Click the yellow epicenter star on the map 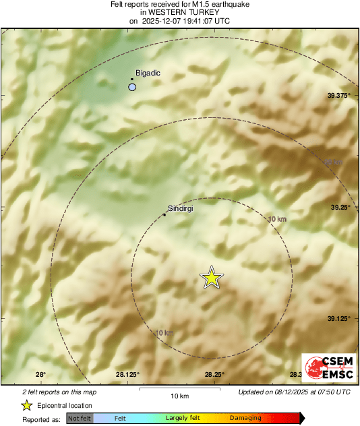(x=212, y=278)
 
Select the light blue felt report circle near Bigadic (x=133, y=87)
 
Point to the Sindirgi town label (x=180, y=210)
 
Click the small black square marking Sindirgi (x=164, y=216)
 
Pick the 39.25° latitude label (x=338, y=208)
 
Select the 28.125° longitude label (x=127, y=375)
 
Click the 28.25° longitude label (x=214, y=375)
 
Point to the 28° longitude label (x=40, y=375)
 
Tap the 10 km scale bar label (x=179, y=395)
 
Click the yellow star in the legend (x=26, y=405)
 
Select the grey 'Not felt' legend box (x=80, y=419)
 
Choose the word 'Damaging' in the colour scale (x=245, y=419)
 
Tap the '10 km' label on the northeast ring (x=276, y=219)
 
